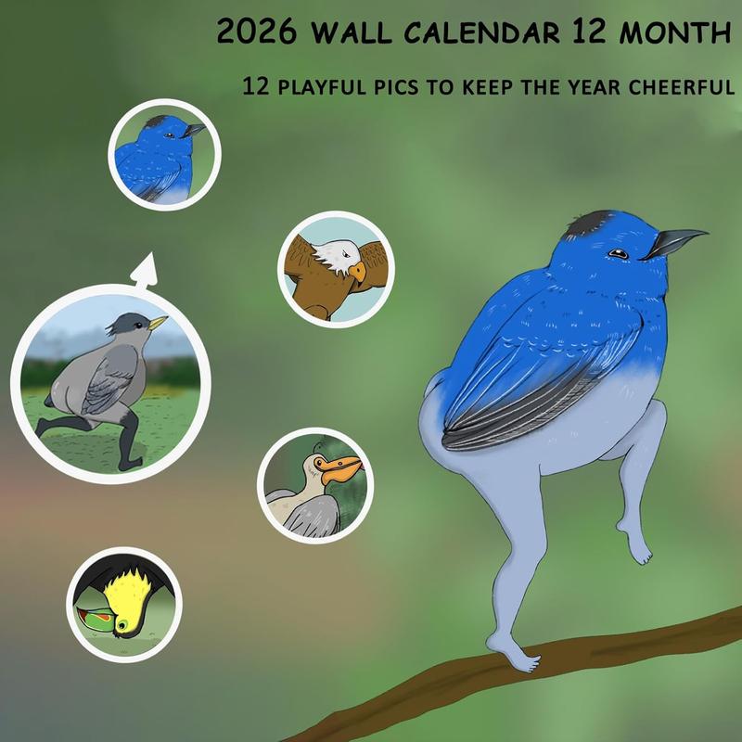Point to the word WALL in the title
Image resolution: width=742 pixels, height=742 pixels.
click(x=353, y=34)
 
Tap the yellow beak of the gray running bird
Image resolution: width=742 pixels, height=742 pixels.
click(x=159, y=323)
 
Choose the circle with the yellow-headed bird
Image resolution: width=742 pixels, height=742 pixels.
click(x=124, y=604)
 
